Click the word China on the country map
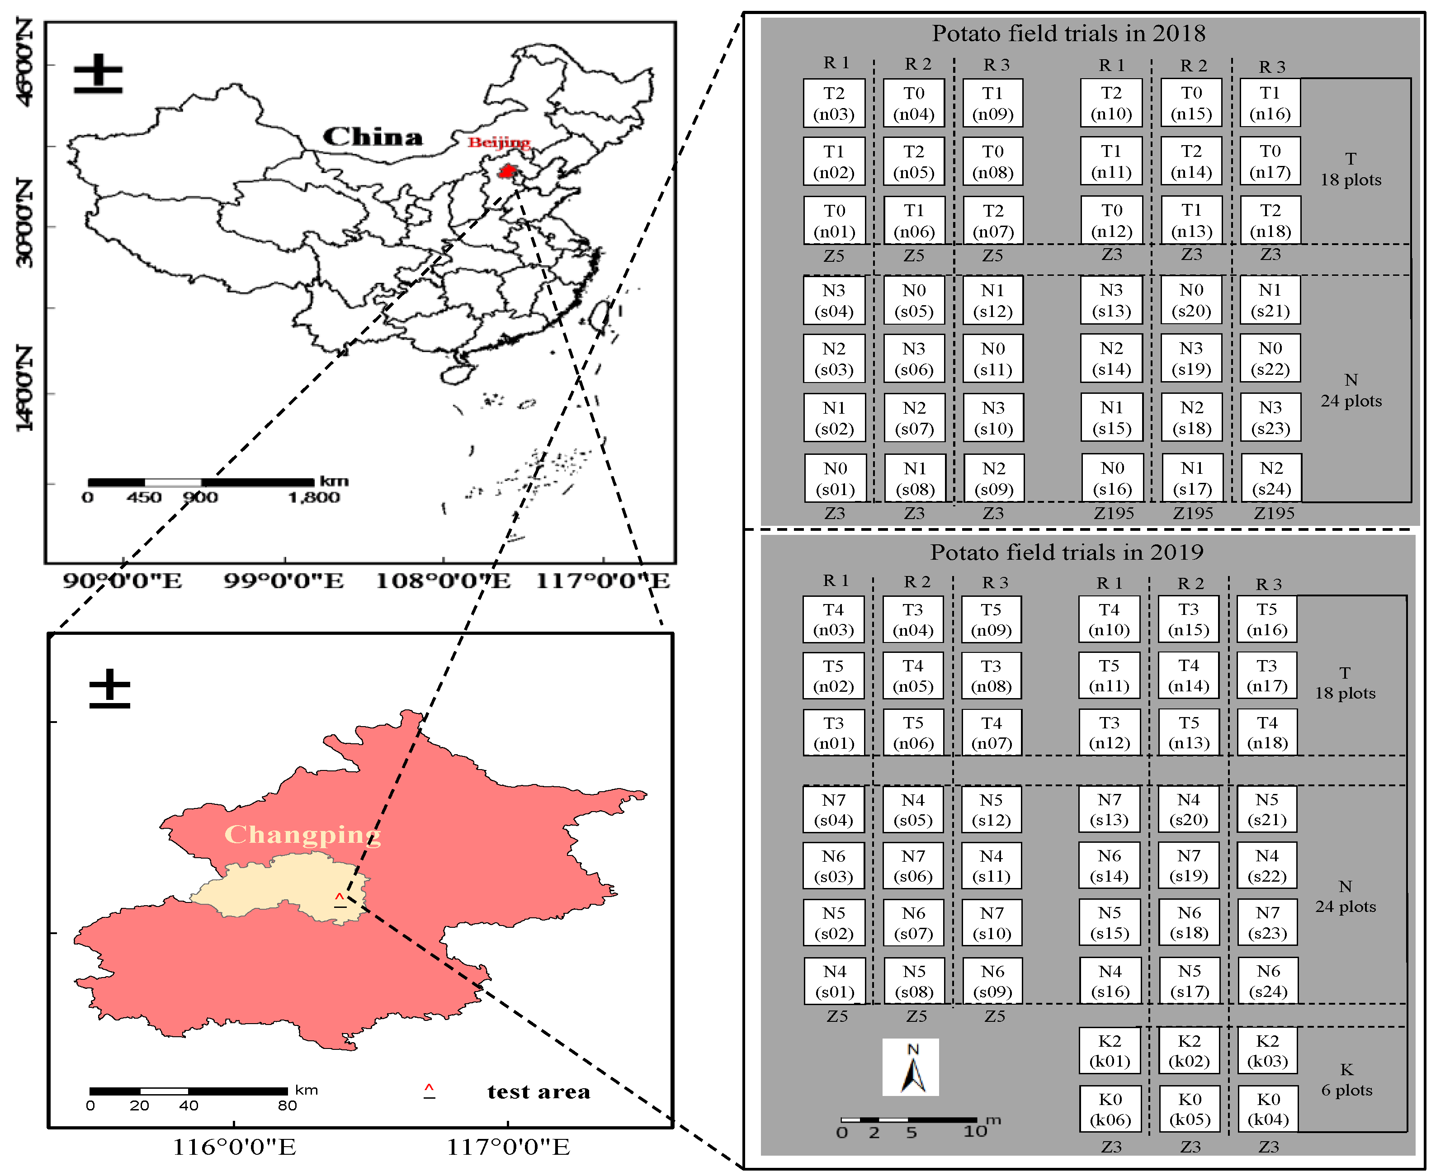point(373,137)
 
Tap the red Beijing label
point(499,142)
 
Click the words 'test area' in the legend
point(538,1092)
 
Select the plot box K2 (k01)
point(1110,1051)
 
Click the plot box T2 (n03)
point(834,103)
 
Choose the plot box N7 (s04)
point(834,809)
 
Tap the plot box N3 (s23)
point(1270,417)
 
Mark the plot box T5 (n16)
point(1266,619)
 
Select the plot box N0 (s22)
point(1270,359)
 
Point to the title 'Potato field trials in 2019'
point(1067,552)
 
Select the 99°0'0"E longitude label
point(284,581)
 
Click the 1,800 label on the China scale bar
point(314,498)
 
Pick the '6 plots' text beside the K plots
point(1346,1090)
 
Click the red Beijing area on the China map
point(506,171)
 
